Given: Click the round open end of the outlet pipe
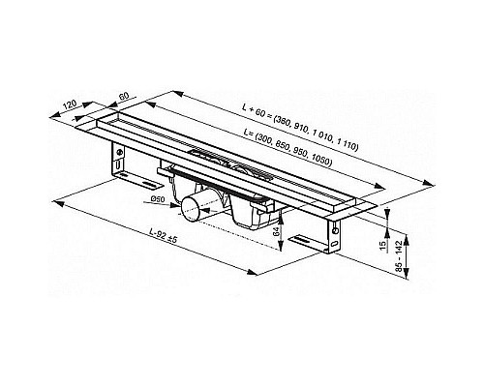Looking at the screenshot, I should pyautogui.click(x=197, y=205).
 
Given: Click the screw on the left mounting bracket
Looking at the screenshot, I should pyautogui.click(x=119, y=153).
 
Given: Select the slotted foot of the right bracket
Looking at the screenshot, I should pyautogui.click(x=311, y=241).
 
